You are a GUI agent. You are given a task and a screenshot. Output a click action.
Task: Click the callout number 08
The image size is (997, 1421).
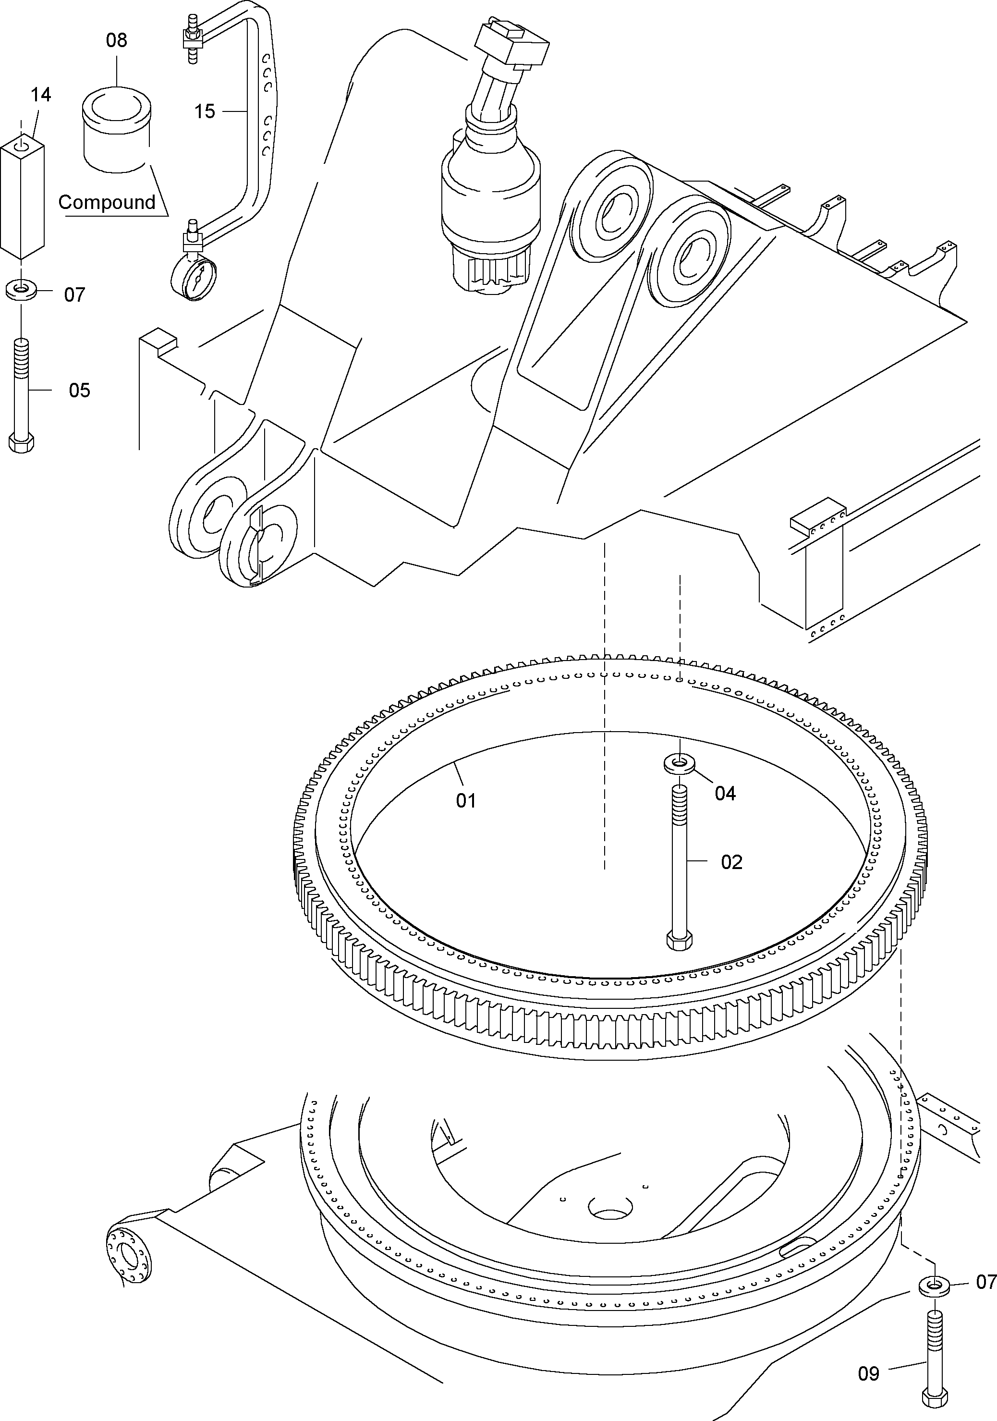(x=116, y=41)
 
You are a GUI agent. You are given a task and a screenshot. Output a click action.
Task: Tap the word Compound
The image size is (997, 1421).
(x=107, y=202)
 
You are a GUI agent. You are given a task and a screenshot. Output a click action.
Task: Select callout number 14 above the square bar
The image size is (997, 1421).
(x=40, y=95)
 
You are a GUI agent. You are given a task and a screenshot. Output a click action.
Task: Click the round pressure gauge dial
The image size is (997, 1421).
(x=193, y=279)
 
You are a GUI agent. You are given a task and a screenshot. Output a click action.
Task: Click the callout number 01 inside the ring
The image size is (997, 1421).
(x=466, y=801)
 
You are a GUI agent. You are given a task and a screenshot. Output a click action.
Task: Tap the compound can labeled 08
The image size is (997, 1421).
(x=116, y=130)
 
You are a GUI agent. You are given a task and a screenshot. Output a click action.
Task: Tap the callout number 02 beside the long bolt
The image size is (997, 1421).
(x=731, y=862)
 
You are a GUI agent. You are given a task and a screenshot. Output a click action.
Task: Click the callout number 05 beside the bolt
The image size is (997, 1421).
(x=79, y=391)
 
